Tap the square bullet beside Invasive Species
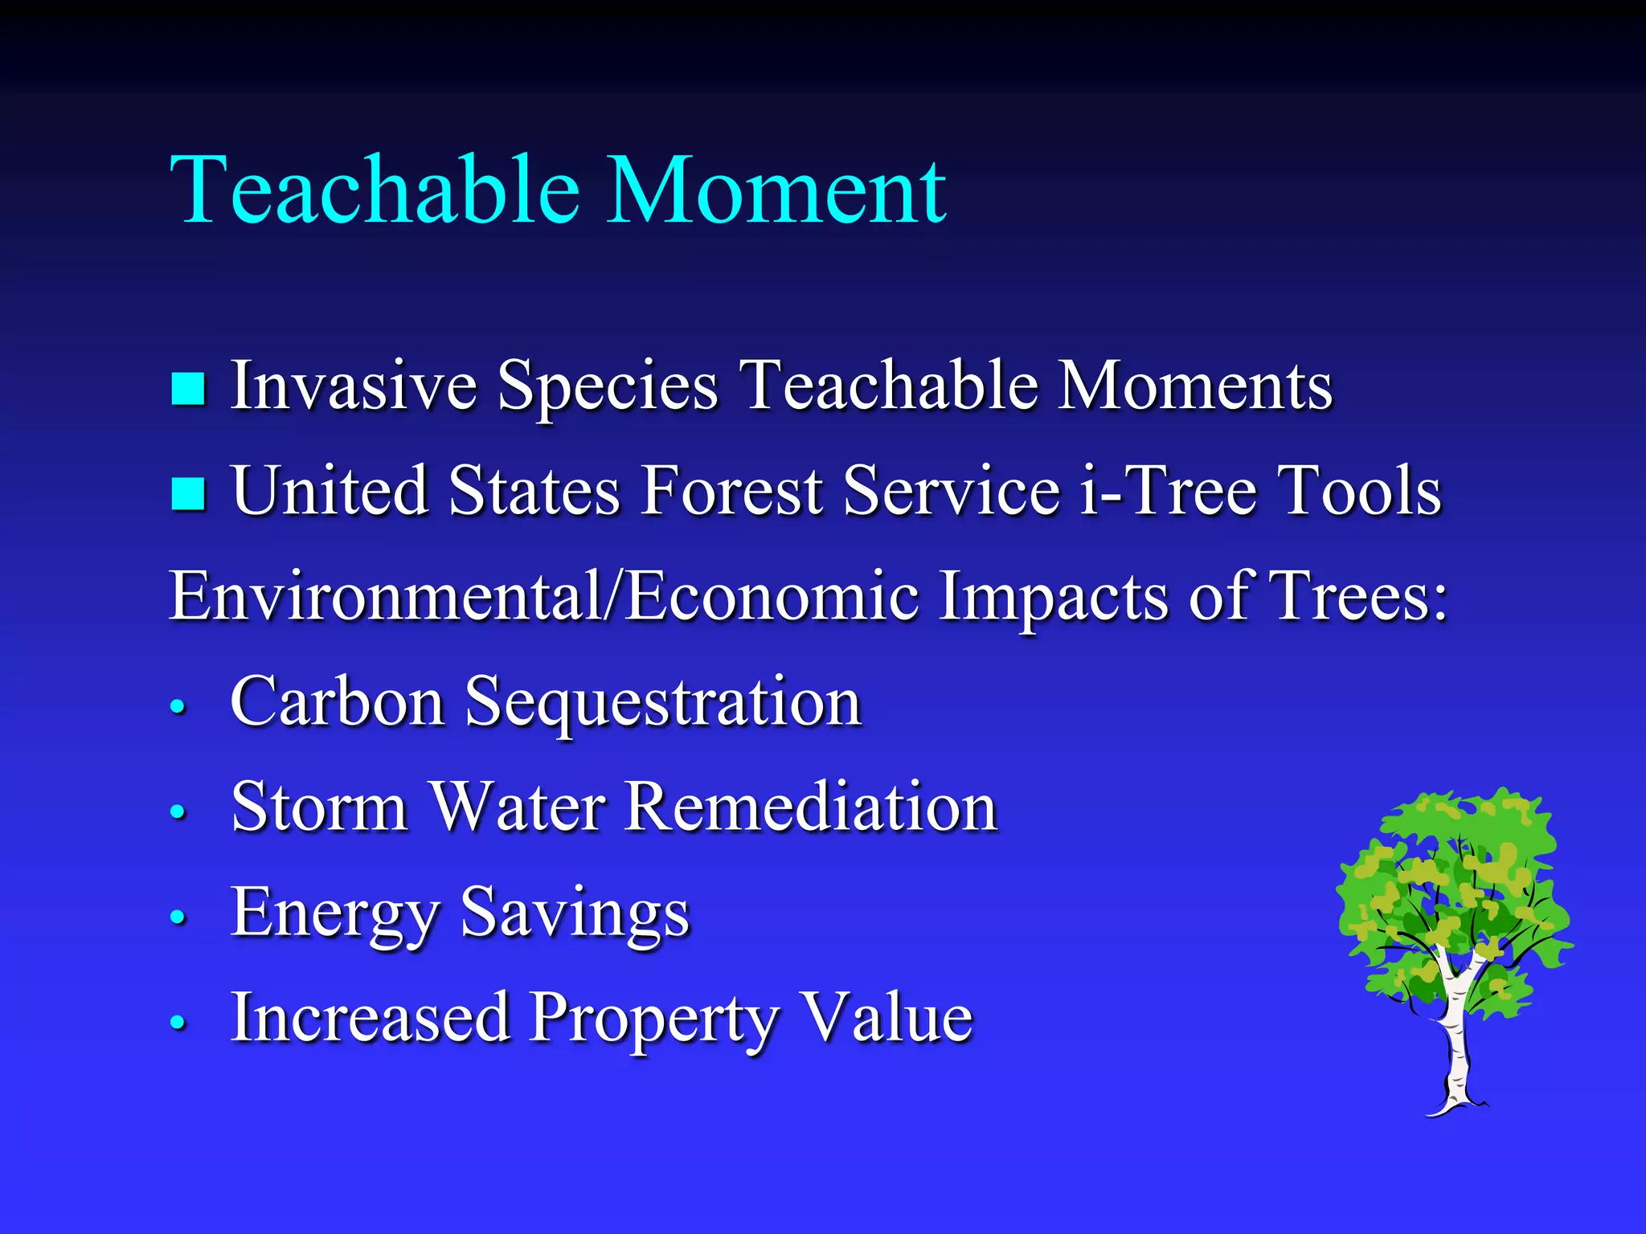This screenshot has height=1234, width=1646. tap(189, 388)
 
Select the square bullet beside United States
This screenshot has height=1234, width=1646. tap(189, 493)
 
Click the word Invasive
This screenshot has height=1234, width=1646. tap(354, 386)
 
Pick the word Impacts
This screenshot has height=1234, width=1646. tap(1053, 598)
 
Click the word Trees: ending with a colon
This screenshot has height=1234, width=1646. tap(1357, 596)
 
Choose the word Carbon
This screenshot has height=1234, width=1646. tap(338, 701)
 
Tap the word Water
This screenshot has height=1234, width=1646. tap(518, 807)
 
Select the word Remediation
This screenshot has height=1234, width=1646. tap(811, 807)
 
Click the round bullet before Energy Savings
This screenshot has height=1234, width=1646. tap(178, 917)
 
